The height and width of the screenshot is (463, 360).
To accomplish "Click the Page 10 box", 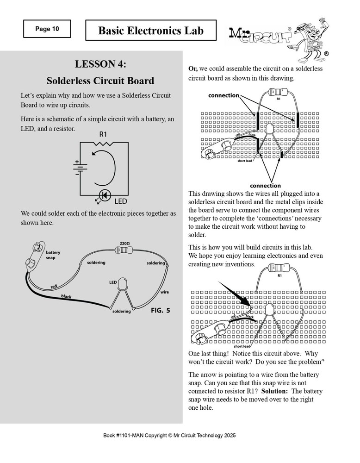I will click(47, 29).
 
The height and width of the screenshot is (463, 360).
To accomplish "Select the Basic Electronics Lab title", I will click(151, 31).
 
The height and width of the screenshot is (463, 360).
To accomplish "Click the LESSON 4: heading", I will click(100, 63).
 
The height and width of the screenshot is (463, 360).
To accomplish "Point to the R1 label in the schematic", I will click(103, 134).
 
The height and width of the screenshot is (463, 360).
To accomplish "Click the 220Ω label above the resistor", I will click(124, 243).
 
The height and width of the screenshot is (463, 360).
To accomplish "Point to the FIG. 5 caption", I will click(161, 311).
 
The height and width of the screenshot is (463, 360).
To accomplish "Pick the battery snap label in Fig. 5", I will click(53, 255).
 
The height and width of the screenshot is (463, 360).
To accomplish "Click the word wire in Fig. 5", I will click(164, 292).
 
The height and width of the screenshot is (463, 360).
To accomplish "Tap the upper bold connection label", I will click(223, 95).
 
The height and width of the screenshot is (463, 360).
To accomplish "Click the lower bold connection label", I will click(265, 186).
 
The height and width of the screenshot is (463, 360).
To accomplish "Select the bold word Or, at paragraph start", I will click(193, 69).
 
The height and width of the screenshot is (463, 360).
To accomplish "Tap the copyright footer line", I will click(180, 436).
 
